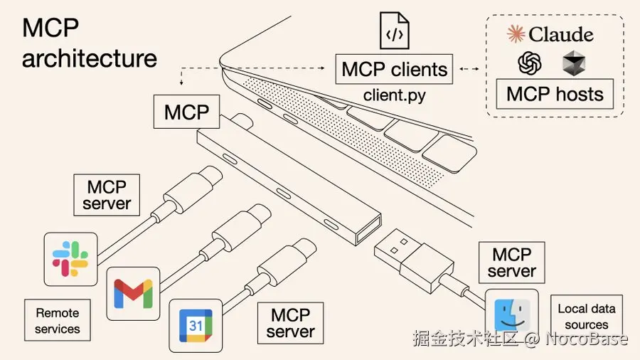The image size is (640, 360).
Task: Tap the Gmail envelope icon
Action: (x=133, y=293)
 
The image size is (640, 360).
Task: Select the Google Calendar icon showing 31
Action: (x=196, y=326)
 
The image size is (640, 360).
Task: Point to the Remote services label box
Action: (x=58, y=321)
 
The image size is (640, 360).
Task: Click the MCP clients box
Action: (x=394, y=70)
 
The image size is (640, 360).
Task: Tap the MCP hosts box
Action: (x=555, y=94)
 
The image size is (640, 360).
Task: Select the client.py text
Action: (x=394, y=95)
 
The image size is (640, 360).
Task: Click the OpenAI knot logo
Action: (x=530, y=64)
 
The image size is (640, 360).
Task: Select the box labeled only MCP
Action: (x=186, y=112)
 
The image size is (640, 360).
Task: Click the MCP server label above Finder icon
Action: (x=511, y=263)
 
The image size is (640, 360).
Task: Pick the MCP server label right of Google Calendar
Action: (x=291, y=323)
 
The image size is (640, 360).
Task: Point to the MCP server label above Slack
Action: (x=107, y=195)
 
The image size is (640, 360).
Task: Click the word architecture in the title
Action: (x=89, y=58)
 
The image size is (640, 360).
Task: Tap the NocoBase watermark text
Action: (x=587, y=339)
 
